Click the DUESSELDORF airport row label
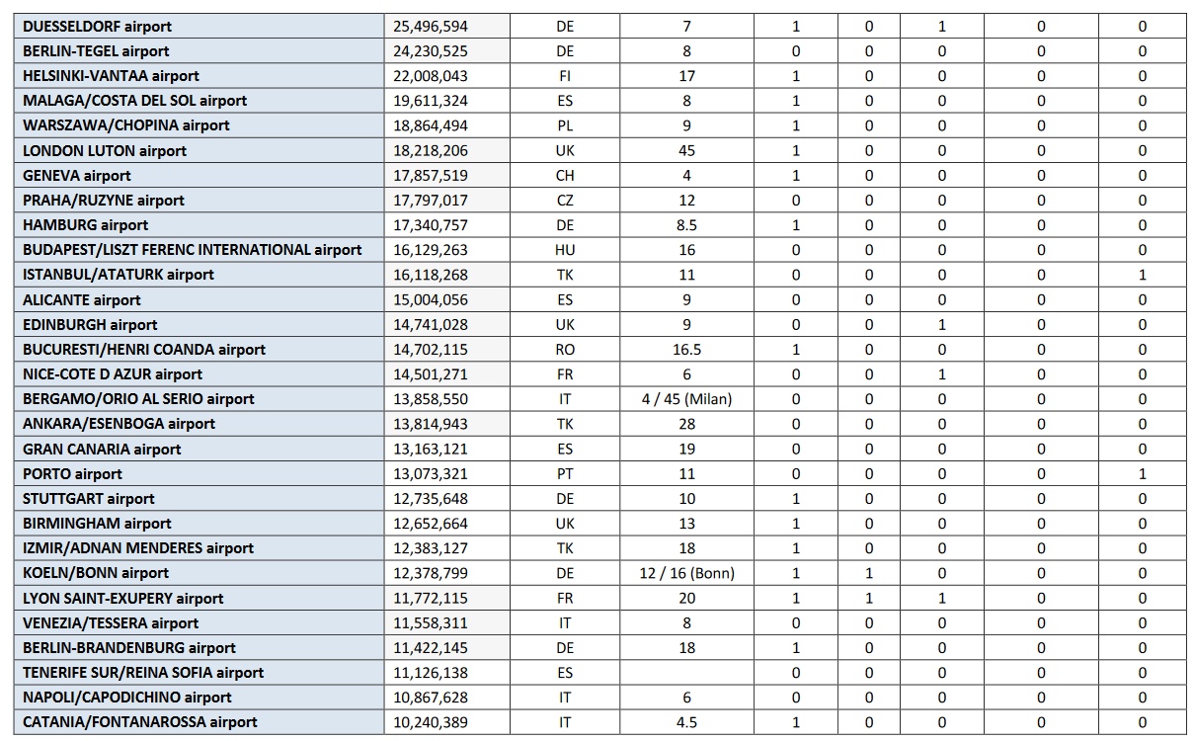[x=97, y=27]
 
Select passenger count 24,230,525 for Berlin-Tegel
[x=431, y=51]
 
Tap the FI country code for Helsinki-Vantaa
[x=565, y=76]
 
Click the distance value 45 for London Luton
[x=686, y=151]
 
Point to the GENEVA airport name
[x=77, y=176]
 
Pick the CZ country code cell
[x=565, y=201]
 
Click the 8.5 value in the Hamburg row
[x=686, y=225]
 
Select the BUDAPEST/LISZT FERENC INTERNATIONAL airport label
[x=193, y=250]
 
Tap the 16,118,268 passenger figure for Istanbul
[x=431, y=275]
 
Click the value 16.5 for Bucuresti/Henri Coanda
[x=686, y=350]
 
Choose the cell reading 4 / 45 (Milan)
[x=686, y=399]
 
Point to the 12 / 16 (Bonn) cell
[x=686, y=573]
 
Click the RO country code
[x=565, y=350]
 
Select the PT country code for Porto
[x=565, y=474]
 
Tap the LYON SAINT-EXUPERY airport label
[x=123, y=599]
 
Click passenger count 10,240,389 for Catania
[x=431, y=722]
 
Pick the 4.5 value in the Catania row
[x=686, y=722]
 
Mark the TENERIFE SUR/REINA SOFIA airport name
[x=143, y=673]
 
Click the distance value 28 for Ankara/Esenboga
[x=686, y=424]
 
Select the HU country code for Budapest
[x=565, y=250]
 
